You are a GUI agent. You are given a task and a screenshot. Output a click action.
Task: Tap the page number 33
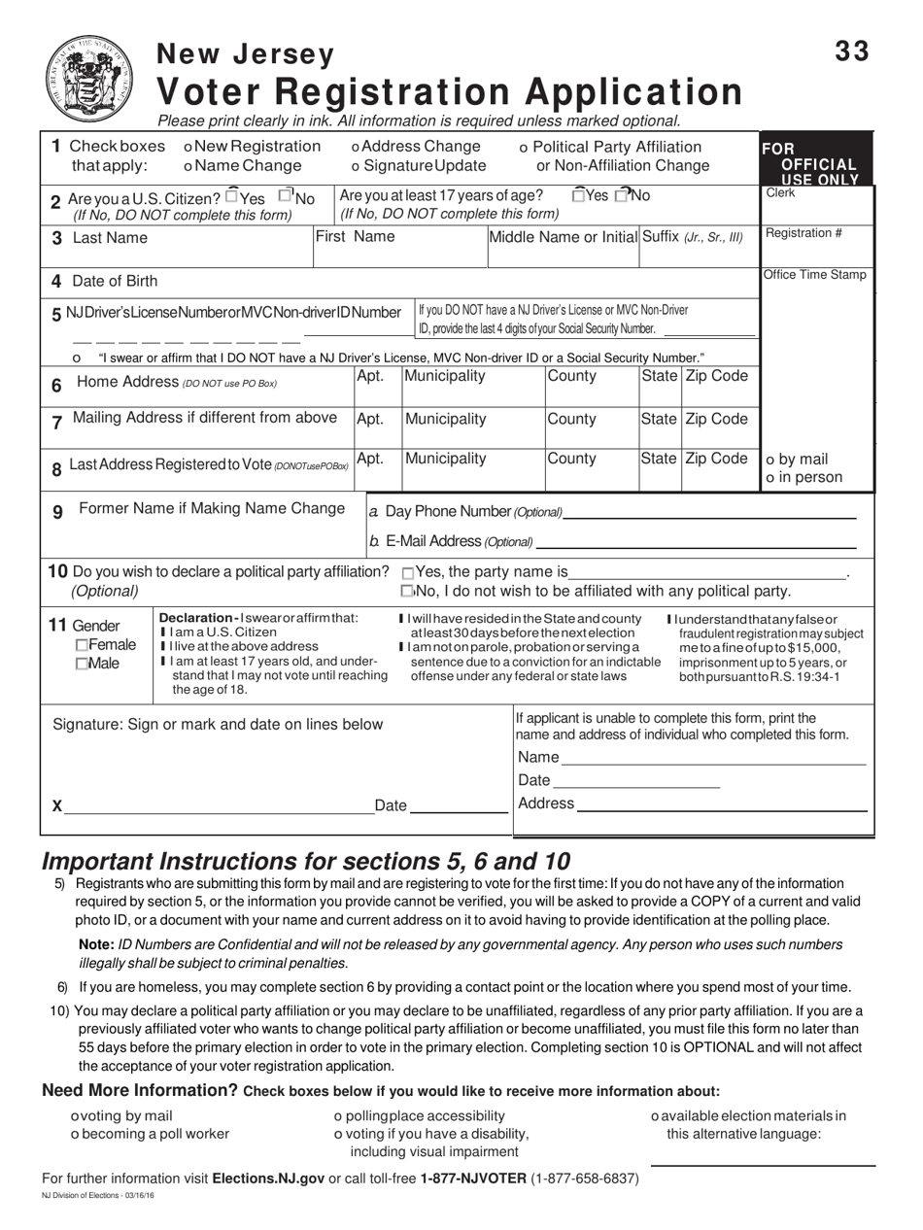[852, 53]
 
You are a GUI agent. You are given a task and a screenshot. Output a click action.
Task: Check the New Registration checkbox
[188, 147]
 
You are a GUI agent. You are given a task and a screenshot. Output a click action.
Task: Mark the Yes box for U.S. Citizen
[231, 195]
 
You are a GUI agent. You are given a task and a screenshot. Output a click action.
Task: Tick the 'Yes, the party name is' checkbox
[407, 572]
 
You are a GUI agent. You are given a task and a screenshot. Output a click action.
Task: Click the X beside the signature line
[57, 806]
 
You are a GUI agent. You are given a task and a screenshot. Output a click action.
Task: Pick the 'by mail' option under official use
[771, 460]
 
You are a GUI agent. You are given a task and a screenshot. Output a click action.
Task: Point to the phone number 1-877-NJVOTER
[474, 1179]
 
